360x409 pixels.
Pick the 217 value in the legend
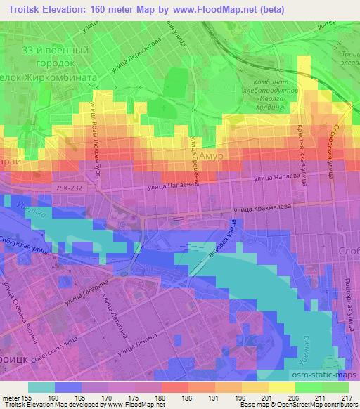346,398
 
